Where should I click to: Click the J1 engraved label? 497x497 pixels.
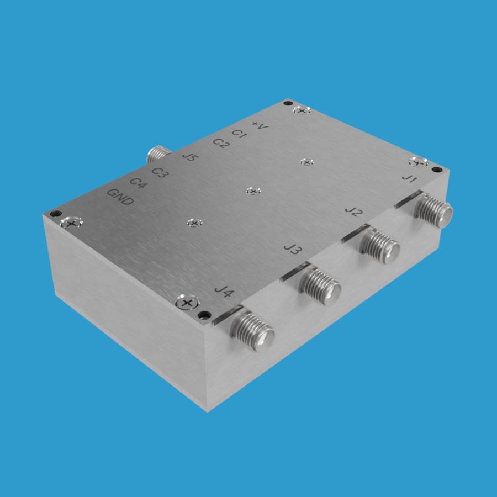[410, 178]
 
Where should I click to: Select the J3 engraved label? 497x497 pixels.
[293, 248]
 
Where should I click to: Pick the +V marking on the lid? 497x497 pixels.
[260, 125]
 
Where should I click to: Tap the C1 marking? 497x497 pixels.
[239, 134]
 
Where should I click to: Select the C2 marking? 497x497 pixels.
[221, 143]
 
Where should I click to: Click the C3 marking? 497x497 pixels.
[160, 172]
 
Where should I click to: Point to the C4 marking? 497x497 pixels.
[138, 183]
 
